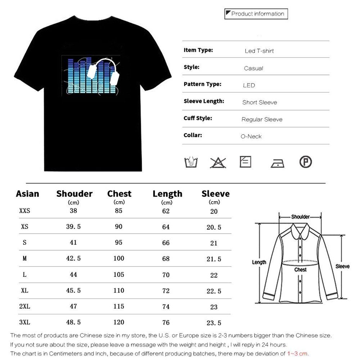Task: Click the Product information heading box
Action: pyautogui.click(x=256, y=14)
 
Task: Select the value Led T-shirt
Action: pyautogui.click(x=259, y=51)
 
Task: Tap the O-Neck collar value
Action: pyautogui.click(x=251, y=136)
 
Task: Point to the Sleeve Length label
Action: pyautogui.click(x=204, y=101)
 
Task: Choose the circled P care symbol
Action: pyautogui.click(x=305, y=162)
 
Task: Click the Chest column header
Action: pyautogui.click(x=119, y=194)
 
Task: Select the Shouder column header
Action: pyautogui.click(x=74, y=194)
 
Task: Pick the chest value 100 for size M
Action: pyautogui.click(x=118, y=258)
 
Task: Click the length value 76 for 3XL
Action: pyautogui.click(x=166, y=322)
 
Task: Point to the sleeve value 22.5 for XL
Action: pyautogui.click(x=214, y=291)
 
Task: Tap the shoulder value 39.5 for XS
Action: pyautogui.click(x=73, y=227)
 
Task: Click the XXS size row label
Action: pyautogui.click(x=24, y=211)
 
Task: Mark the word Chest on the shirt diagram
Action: pyautogui.click(x=300, y=269)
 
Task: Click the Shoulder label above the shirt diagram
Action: pyautogui.click(x=300, y=217)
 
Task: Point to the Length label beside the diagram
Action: pyautogui.click(x=259, y=262)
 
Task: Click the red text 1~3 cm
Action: pyautogui.click(x=298, y=353)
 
